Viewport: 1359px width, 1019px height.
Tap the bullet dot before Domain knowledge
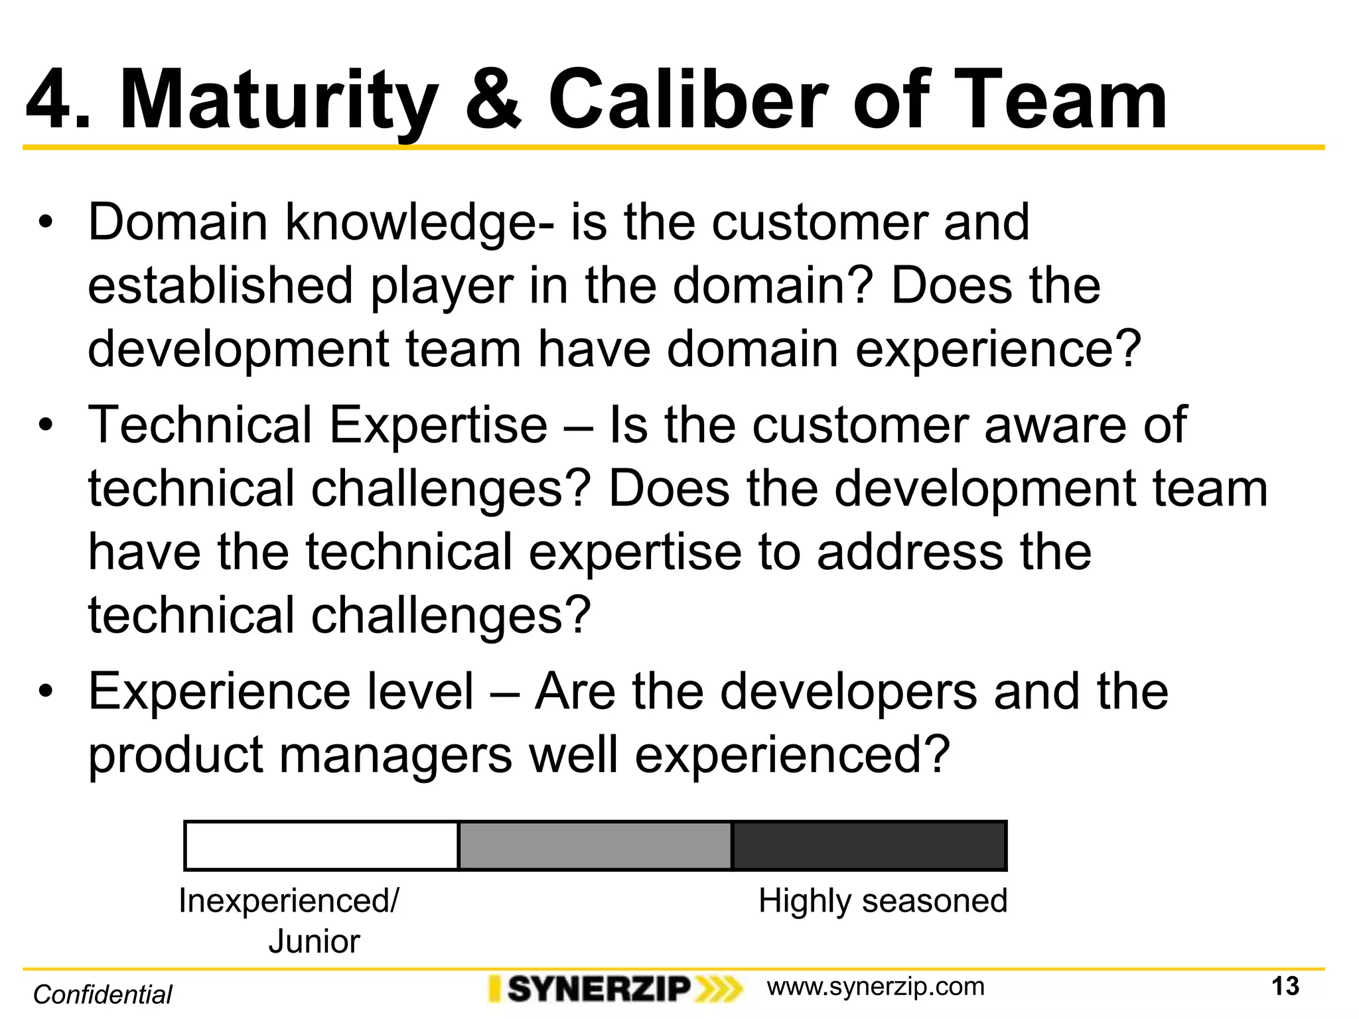tap(45, 224)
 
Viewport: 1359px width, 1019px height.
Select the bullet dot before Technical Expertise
tap(45, 426)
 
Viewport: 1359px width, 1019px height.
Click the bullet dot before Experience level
tap(45, 693)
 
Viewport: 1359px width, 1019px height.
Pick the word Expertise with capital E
tap(438, 426)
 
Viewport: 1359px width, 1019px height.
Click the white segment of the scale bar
tap(321, 846)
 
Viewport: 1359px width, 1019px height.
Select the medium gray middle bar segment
tap(595, 846)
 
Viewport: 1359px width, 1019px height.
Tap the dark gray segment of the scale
tap(869, 846)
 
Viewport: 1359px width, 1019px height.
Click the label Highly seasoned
tap(883, 902)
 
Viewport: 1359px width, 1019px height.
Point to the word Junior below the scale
tap(314, 941)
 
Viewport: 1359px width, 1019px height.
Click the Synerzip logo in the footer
tap(614, 989)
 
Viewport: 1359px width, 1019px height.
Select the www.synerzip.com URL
tap(875, 987)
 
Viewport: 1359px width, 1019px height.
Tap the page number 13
tap(1285, 986)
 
